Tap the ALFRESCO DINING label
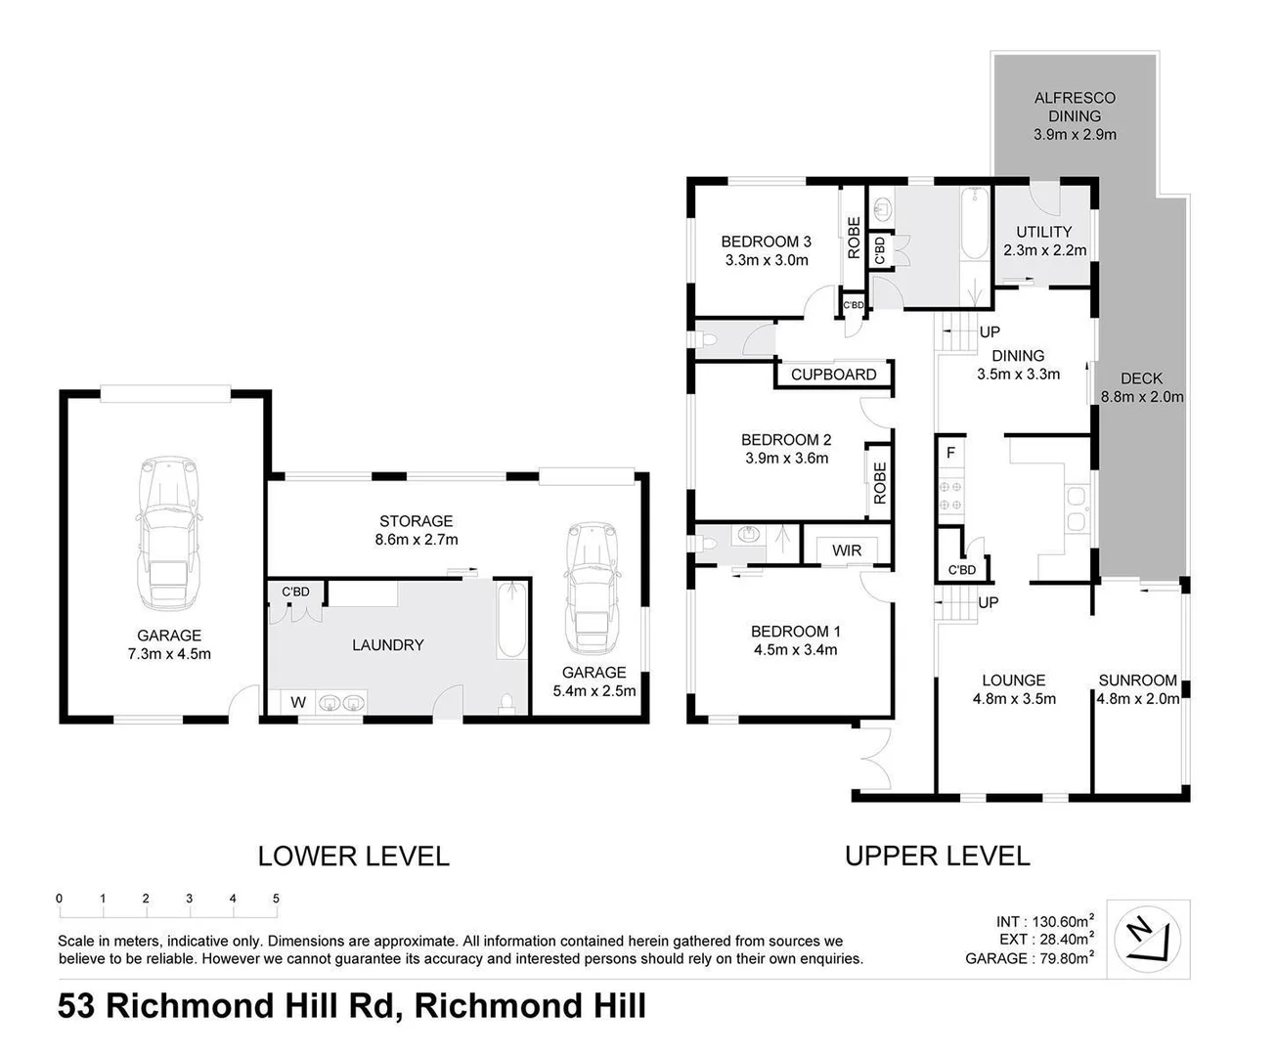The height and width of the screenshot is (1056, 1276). pyautogui.click(x=1075, y=107)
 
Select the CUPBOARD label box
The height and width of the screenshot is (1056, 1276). pyautogui.click(x=833, y=374)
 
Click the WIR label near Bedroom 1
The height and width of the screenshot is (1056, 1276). pyautogui.click(x=847, y=550)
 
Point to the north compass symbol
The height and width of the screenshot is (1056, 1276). pyautogui.click(x=1148, y=938)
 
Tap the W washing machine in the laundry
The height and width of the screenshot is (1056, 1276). pyautogui.click(x=298, y=702)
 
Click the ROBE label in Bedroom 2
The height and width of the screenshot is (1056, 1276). pyautogui.click(x=879, y=482)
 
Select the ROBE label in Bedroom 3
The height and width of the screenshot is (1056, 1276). pyautogui.click(x=854, y=238)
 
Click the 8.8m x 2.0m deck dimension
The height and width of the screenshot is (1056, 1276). pyautogui.click(x=1142, y=397)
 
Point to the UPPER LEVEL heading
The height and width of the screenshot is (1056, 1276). pyautogui.click(x=937, y=857)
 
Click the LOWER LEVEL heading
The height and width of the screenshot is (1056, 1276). pyautogui.click(x=353, y=857)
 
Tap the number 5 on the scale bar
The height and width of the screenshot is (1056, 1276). pyautogui.click(x=277, y=899)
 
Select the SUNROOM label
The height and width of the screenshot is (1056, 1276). pyautogui.click(x=1137, y=681)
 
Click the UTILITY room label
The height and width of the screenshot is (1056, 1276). pyautogui.click(x=1043, y=232)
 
